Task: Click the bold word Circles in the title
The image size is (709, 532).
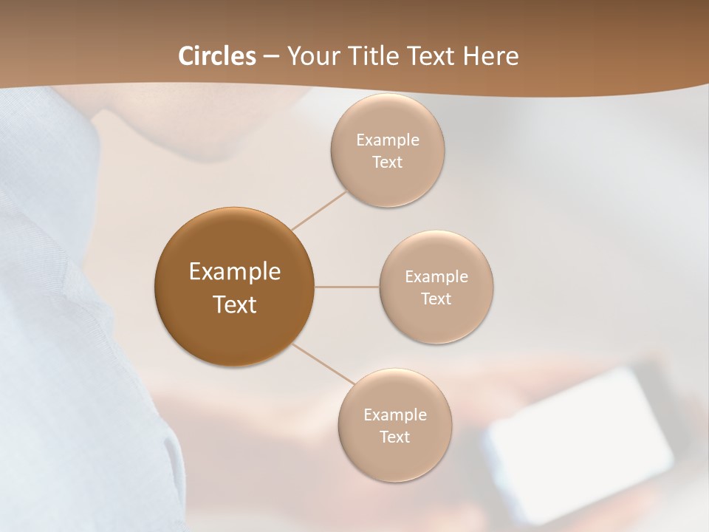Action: tap(217, 56)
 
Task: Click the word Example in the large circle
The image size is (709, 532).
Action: tap(235, 272)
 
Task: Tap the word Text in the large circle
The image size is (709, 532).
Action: tap(235, 304)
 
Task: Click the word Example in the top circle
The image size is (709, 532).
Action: tap(388, 140)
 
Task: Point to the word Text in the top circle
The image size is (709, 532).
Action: tap(387, 163)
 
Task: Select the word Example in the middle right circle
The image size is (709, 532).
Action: tap(436, 277)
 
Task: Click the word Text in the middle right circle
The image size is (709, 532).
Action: tap(436, 299)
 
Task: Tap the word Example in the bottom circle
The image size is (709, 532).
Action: tap(395, 415)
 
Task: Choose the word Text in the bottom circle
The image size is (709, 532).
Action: tap(394, 437)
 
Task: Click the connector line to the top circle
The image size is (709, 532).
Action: tap(319, 209)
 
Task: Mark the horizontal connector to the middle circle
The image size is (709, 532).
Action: tap(347, 287)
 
